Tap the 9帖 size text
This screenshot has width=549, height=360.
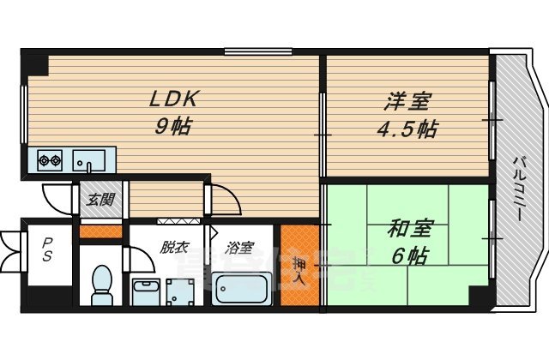(174, 127)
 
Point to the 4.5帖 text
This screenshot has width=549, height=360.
(407, 130)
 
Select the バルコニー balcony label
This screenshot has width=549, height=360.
(519, 188)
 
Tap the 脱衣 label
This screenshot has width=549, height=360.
(173, 248)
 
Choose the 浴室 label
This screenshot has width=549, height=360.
(239, 249)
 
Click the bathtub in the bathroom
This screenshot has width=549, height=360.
(243, 290)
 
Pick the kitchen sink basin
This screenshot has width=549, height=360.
(89, 159)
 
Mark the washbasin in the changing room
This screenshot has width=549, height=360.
(147, 288)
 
